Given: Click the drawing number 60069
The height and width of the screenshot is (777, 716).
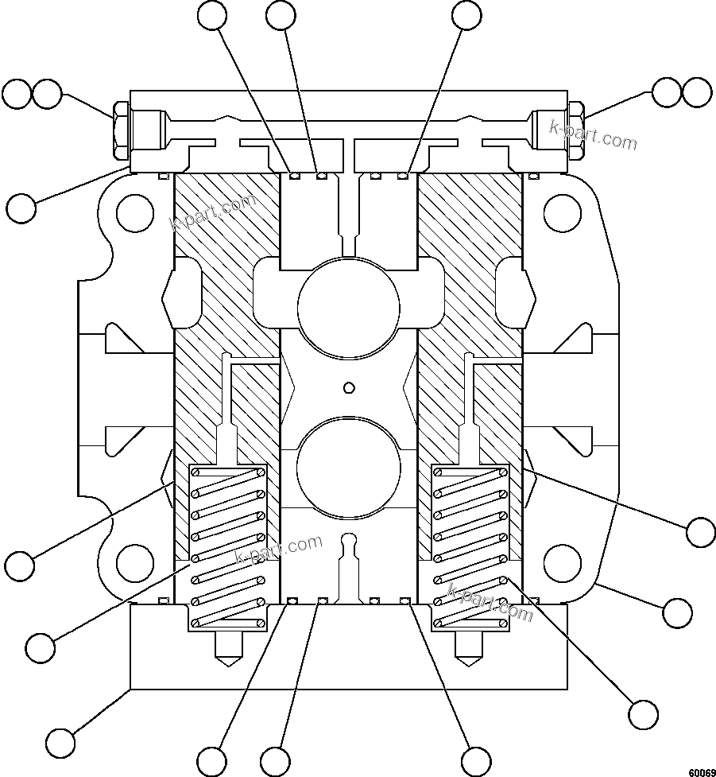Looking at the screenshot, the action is click(700, 771).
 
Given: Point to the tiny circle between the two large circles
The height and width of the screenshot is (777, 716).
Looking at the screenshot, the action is click(347, 387).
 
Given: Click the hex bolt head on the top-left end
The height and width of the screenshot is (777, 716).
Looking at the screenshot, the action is click(121, 130).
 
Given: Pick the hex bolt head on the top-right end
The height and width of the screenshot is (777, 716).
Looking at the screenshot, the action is click(576, 130).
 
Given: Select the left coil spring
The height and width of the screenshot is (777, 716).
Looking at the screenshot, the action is click(227, 547).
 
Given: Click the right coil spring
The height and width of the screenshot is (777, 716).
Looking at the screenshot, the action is click(470, 547).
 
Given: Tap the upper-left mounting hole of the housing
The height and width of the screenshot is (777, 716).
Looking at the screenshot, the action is click(134, 213).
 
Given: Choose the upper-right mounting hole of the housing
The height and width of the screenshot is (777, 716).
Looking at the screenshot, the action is click(562, 213).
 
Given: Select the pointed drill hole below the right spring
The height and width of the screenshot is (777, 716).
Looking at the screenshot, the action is click(469, 650).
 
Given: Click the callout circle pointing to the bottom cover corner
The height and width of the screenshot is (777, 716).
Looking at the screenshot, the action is click(60, 743).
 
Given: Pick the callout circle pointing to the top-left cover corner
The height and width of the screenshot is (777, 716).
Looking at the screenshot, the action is click(21, 208).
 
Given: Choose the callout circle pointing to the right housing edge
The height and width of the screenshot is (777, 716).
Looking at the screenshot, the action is click(677, 612).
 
